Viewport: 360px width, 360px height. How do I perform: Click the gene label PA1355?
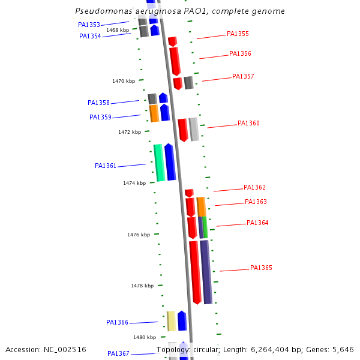238,34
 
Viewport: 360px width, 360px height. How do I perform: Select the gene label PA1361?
106,166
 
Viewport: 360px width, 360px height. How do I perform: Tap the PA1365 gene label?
261,268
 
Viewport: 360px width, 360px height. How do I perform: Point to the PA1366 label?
117,322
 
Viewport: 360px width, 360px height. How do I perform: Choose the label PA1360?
248,123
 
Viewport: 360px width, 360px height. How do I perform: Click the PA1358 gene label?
98,103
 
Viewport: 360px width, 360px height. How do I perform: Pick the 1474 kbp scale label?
134,183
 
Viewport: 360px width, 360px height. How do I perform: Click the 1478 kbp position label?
142,286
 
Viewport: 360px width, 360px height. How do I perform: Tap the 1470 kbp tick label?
123,81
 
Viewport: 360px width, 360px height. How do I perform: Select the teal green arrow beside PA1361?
159,163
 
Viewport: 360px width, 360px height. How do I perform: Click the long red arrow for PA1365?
195,272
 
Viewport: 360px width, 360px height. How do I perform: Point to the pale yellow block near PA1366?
172,321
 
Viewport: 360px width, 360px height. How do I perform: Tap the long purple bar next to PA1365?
206,272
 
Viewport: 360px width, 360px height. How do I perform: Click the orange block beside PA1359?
154,113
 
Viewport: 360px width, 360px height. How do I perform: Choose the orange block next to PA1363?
201,206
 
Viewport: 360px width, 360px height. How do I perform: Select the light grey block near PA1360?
194,129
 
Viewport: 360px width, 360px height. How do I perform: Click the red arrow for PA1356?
175,61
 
